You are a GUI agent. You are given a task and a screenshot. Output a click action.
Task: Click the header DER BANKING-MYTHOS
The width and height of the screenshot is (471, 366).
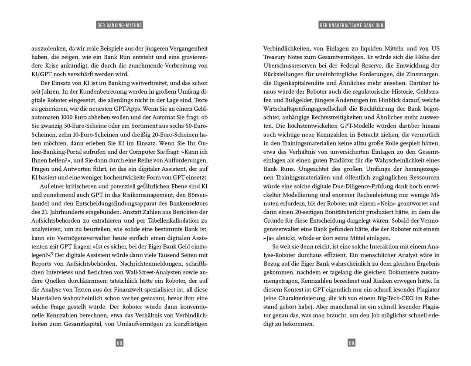pos(119,25)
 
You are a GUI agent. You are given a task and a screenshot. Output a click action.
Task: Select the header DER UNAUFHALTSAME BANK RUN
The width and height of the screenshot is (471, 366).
pos(352,25)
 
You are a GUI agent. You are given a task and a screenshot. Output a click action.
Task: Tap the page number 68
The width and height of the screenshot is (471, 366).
pos(119,343)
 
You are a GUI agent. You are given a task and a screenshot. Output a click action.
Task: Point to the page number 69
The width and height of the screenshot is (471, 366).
pos(352,343)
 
